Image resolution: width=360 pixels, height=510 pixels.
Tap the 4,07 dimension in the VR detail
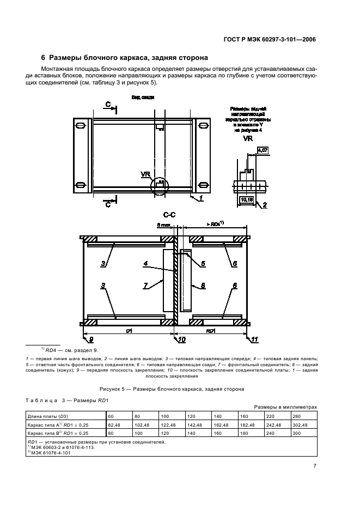(x=261, y=150)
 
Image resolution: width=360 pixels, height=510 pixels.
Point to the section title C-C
(x=176, y=215)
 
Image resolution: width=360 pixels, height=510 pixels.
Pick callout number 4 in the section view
(x=145, y=264)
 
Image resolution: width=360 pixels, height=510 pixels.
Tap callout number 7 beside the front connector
(x=145, y=284)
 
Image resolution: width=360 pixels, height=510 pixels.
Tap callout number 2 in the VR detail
(x=264, y=205)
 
